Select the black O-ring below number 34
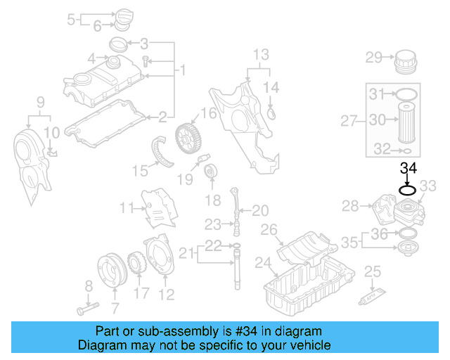coord(409,188)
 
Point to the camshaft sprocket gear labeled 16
coord(185,133)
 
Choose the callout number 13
coord(260,54)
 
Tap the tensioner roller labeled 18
coord(210,172)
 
